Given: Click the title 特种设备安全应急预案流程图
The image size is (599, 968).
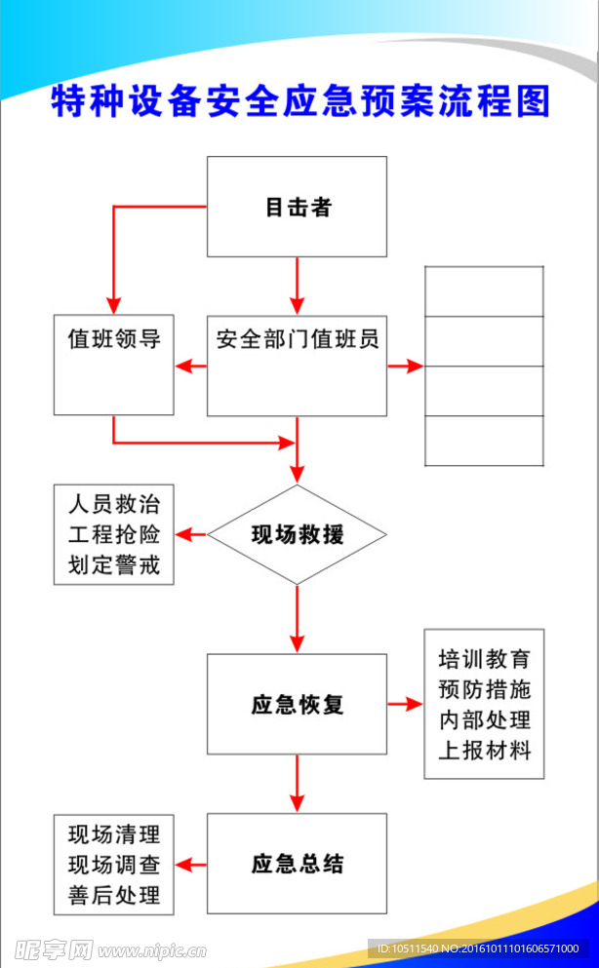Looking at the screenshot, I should (x=299, y=102).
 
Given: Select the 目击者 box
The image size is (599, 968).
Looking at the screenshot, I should (x=297, y=207).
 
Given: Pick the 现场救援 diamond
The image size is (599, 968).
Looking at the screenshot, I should (x=297, y=534).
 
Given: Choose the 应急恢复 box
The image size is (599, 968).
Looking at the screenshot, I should (x=297, y=704).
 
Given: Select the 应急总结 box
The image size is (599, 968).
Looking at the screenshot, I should (x=297, y=864).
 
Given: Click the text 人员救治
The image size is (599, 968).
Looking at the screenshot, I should (x=113, y=505).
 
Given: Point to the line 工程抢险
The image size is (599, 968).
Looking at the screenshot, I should (x=113, y=534).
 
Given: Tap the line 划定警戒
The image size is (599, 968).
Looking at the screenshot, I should (x=113, y=564).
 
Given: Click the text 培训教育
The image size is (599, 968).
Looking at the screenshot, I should (x=484, y=659).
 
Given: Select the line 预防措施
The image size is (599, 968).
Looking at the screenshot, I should (x=484, y=689).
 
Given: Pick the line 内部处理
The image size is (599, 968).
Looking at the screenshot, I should (x=484, y=719).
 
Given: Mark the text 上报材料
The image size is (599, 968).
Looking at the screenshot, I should (x=484, y=750).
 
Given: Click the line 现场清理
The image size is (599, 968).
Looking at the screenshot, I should (x=113, y=834).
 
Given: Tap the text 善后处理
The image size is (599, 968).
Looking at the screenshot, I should (x=113, y=894).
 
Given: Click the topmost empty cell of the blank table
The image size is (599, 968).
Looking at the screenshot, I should (x=484, y=291).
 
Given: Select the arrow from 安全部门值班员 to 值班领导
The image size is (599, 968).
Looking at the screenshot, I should (x=190, y=367).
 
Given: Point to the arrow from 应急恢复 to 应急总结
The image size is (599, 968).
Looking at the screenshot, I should (x=297, y=784).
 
